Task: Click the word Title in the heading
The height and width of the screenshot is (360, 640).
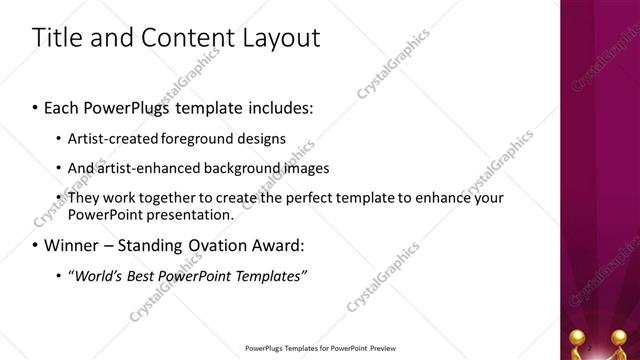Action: (58, 39)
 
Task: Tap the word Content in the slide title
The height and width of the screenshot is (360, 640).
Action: (180, 39)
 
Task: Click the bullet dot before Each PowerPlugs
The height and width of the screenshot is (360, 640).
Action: (35, 106)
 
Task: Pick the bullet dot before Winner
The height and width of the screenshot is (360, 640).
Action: (35, 245)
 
